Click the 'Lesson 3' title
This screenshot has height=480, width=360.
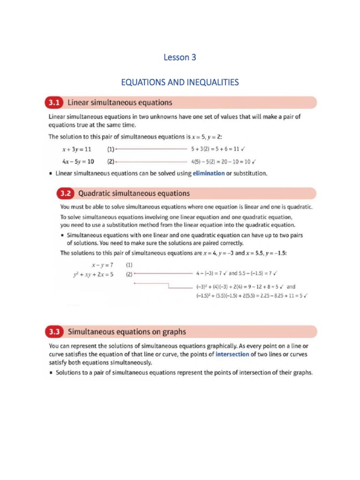[180, 58]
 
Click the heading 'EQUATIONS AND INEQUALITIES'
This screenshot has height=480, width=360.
[180, 82]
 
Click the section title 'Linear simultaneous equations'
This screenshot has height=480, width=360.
[120, 102]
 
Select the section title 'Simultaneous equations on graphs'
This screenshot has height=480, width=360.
[127, 332]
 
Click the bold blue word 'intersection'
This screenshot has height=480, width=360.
[232, 354]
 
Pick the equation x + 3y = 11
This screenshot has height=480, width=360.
[76, 150]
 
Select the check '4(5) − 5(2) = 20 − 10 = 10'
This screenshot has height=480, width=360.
[223, 162]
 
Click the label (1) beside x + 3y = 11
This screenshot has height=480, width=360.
[110, 150]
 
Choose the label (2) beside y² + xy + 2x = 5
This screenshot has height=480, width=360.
[129, 275]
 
